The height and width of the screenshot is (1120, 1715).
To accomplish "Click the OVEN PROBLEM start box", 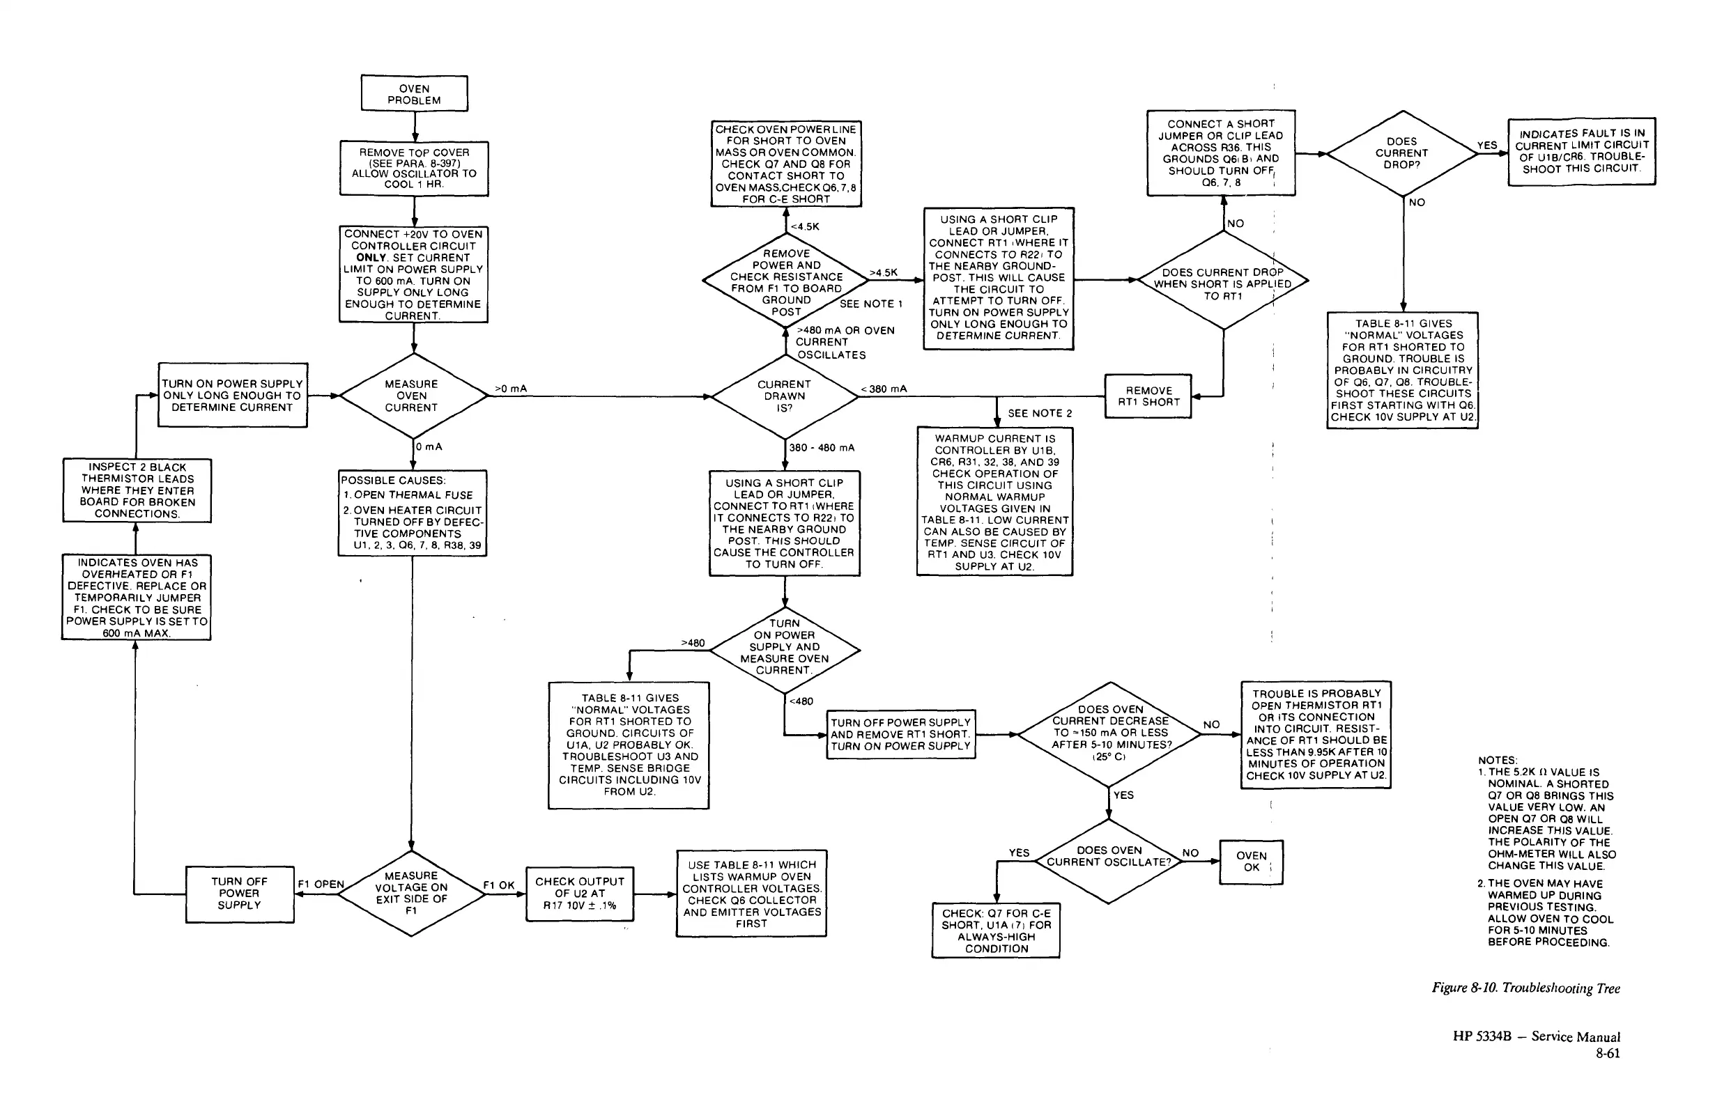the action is [x=415, y=94].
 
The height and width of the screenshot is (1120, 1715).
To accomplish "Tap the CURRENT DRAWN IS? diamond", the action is [x=784, y=396].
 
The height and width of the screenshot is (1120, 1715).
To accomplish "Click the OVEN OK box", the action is [x=1251, y=862].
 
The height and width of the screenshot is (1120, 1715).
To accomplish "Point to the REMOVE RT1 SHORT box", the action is [x=1148, y=396].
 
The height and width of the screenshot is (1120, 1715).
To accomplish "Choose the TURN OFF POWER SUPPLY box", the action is [x=239, y=893].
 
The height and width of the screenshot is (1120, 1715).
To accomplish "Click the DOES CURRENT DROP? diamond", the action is [x=1401, y=153].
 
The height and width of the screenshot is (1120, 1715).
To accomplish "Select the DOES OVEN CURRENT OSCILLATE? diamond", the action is [x=1109, y=857].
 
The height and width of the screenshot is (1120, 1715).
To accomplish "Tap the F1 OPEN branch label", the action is [x=321, y=884].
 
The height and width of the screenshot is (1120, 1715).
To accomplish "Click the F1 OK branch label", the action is [x=499, y=885].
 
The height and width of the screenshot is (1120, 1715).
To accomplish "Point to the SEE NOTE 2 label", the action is [x=1039, y=413].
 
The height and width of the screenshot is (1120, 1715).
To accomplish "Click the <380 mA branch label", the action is [x=884, y=389].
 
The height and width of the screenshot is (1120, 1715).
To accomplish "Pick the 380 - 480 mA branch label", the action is [x=822, y=447].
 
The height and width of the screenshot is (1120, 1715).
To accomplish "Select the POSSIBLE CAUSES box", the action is [x=412, y=512].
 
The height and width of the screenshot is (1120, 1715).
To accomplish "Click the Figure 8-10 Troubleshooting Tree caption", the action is [x=1525, y=988].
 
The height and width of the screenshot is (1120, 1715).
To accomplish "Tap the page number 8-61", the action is [x=1608, y=1053].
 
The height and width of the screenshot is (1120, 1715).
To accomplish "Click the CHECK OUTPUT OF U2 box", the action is [x=580, y=893].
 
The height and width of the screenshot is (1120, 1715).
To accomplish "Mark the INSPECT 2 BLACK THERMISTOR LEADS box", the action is [x=137, y=490].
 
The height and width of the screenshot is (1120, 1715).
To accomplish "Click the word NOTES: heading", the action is [x=1498, y=760].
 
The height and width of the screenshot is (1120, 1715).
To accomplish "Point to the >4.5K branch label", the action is [x=884, y=272].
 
